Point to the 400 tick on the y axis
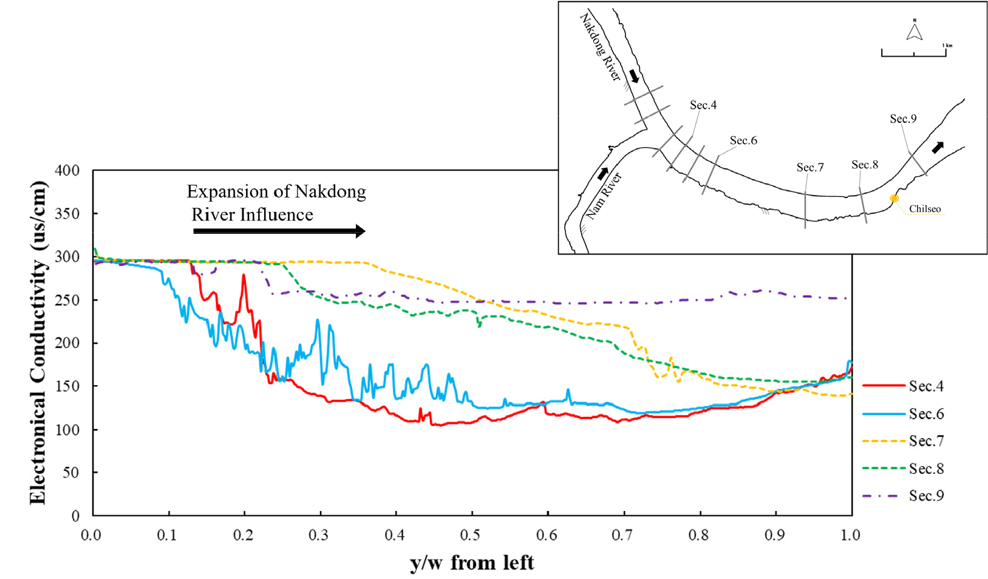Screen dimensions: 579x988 (x=67, y=171)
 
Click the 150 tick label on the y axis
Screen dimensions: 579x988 (x=67, y=386)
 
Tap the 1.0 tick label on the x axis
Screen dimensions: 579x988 (x=850, y=535)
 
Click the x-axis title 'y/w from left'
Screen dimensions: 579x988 (x=472, y=563)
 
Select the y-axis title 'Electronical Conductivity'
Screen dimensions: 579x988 (x=38, y=342)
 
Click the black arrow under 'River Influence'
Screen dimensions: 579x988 (x=279, y=231)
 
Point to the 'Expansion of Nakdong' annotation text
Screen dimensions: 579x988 (x=276, y=192)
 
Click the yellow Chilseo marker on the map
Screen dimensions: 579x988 (x=894, y=199)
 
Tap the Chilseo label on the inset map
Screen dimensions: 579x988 (x=924, y=209)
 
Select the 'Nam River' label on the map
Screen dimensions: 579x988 (x=604, y=196)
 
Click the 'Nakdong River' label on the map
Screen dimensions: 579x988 (x=600, y=47)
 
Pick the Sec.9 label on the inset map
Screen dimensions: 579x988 (x=903, y=119)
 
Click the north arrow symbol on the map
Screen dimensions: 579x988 (x=915, y=30)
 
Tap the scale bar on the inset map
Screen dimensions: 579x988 (x=913, y=53)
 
